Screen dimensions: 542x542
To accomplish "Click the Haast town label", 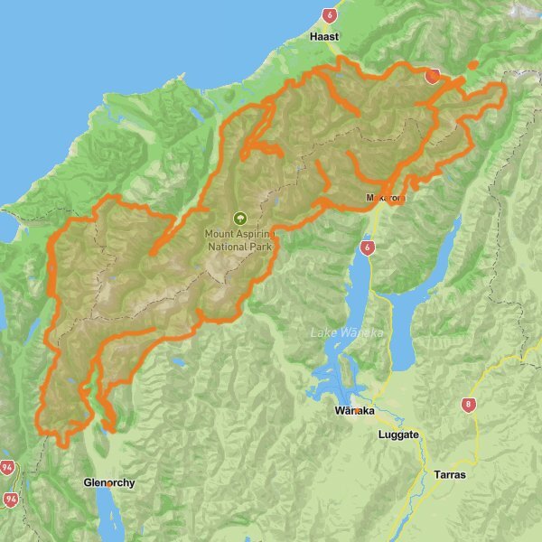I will click(323, 37).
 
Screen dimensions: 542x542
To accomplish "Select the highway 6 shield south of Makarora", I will click(366, 247).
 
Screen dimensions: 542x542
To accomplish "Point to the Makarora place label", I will click(386, 197).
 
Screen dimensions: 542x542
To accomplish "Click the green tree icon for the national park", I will click(239, 218).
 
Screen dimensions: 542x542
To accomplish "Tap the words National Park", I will click(239, 246).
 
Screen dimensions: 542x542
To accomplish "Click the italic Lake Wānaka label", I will click(347, 333).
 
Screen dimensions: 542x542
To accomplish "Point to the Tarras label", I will click(449, 474).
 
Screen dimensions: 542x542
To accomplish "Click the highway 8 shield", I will click(468, 406).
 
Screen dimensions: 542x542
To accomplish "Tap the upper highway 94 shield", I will click(8, 468).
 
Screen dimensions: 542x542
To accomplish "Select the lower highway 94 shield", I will click(11, 499).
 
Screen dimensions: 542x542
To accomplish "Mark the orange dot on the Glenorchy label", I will click(107, 482).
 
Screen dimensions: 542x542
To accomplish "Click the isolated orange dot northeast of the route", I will click(472, 65).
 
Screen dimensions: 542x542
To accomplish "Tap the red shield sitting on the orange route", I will click(433, 76).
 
